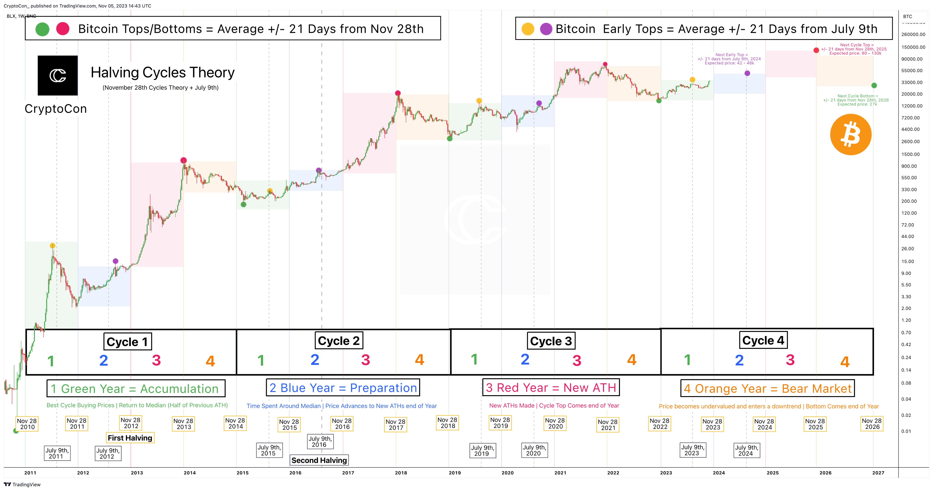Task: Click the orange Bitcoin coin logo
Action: (850, 135)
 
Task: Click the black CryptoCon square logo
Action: (58, 75)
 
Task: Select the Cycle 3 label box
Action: (551, 341)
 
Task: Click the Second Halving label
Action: (319, 460)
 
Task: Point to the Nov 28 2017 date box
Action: (395, 424)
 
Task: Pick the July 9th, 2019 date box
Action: (482, 451)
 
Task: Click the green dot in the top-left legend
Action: (42, 29)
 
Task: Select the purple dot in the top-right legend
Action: (546, 29)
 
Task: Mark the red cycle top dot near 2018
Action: (398, 93)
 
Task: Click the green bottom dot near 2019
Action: (449, 139)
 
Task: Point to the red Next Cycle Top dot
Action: (816, 50)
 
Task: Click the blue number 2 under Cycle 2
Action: (315, 360)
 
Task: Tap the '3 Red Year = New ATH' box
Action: (551, 387)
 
